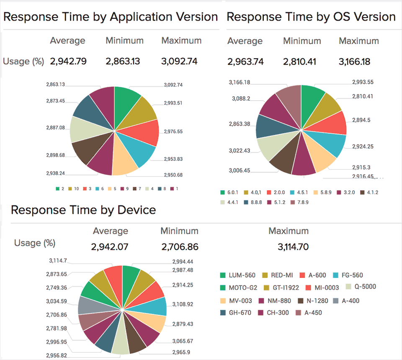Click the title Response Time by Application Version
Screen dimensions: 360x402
[111, 17]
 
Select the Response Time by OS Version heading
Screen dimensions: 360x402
[311, 17]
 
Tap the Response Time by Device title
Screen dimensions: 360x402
[83, 210]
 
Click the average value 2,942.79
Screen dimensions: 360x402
[68, 61]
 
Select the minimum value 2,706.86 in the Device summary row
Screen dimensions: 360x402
[180, 247]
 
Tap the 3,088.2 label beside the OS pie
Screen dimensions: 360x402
[241, 98]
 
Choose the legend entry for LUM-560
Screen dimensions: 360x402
[237, 275]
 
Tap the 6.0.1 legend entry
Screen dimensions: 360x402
[233, 192]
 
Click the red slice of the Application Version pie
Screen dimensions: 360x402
[147, 132]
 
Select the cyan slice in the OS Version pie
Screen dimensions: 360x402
[333, 145]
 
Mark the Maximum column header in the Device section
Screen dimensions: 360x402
[288, 231]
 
